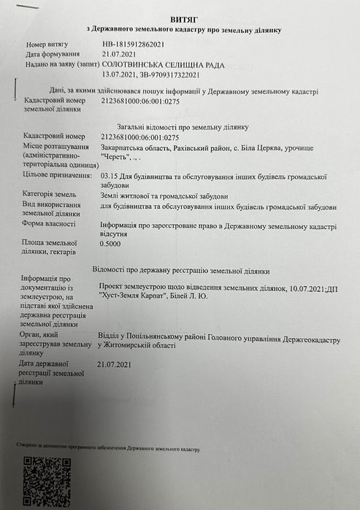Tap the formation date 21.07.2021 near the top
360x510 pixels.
tap(120, 55)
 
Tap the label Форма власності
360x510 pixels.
tap(52, 223)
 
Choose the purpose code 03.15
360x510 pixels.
tap(111, 176)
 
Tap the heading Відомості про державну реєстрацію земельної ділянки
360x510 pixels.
tap(183, 269)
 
